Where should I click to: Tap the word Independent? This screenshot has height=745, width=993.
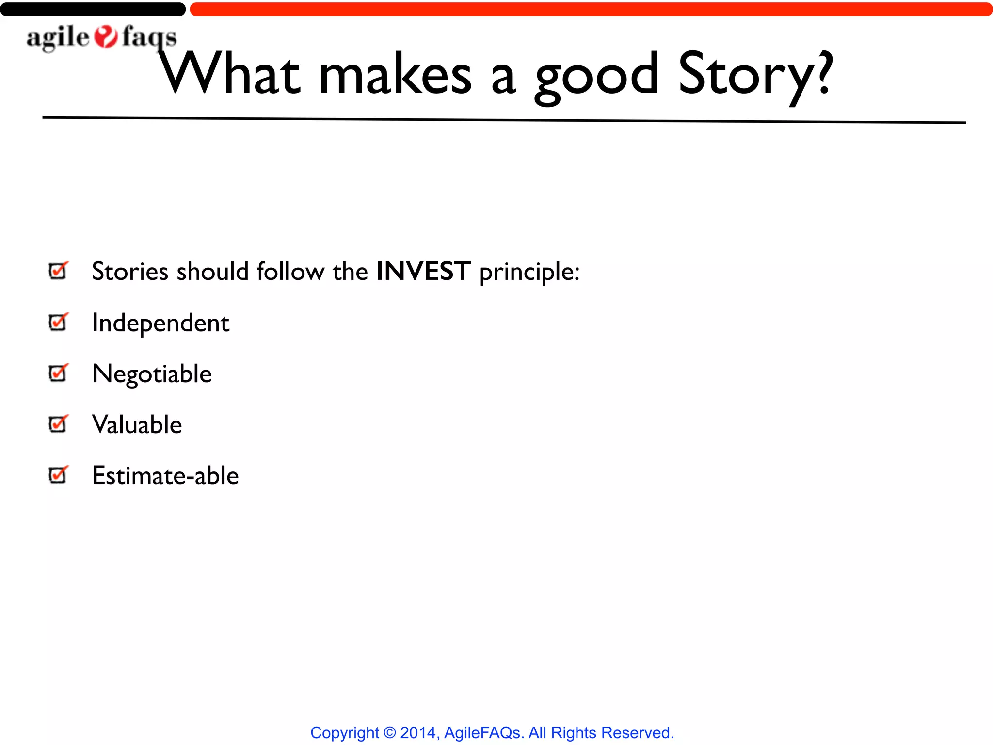(160, 323)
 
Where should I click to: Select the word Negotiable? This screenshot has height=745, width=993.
(152, 374)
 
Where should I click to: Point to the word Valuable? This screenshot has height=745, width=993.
(137, 425)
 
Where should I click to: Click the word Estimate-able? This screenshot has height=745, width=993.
(165, 476)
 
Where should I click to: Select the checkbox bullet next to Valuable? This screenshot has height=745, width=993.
(59, 424)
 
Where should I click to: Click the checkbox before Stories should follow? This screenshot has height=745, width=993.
(59, 270)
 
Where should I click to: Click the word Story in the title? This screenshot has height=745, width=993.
(747, 75)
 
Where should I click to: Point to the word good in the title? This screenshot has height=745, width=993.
(596, 78)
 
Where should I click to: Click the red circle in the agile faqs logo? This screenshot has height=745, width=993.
(106, 37)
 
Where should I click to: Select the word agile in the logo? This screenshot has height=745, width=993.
(58, 38)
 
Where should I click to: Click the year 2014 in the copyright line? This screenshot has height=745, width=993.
(418, 732)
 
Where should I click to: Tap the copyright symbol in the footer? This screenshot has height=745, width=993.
(389, 732)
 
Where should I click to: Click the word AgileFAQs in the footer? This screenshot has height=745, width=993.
(482, 732)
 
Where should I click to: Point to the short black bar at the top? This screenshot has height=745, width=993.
(93, 9)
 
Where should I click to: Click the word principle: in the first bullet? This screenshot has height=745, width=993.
(529, 272)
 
